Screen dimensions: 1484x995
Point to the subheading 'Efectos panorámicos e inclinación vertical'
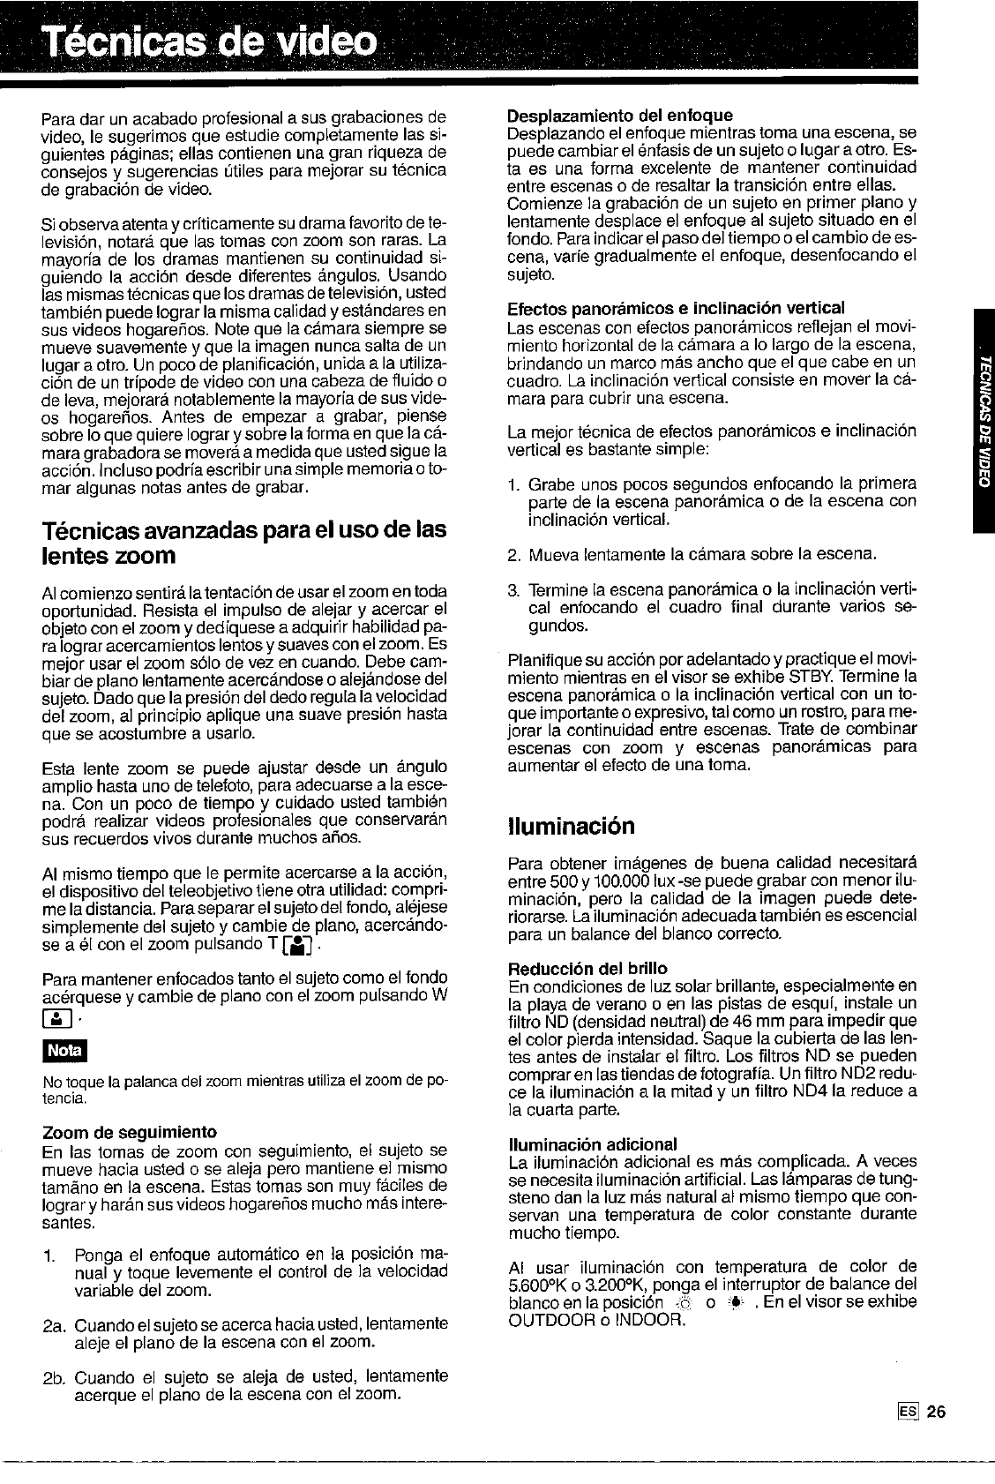[677, 307]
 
